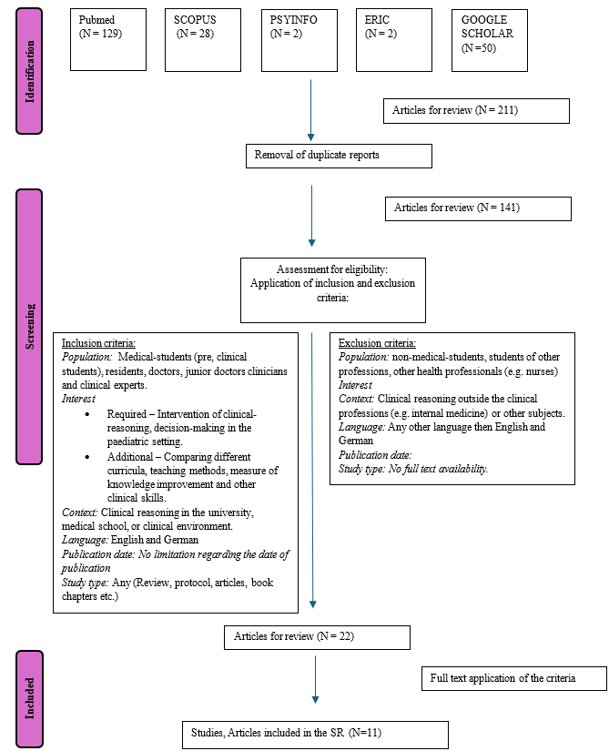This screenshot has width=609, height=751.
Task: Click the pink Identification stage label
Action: [29, 70]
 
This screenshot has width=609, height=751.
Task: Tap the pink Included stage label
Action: [29, 698]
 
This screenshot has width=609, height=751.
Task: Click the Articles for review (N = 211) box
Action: [476, 111]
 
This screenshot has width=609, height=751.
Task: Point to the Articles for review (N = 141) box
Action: [478, 208]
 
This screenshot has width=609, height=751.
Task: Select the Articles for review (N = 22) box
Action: [317, 637]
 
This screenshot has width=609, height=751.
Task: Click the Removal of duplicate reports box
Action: [339, 156]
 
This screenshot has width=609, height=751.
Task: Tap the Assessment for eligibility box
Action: [332, 289]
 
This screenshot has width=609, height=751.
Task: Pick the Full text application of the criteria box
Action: [513, 678]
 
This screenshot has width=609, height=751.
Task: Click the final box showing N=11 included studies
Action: [314, 734]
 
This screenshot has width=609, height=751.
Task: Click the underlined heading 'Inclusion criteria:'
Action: [98, 343]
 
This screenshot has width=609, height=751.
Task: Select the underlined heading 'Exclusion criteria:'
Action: [377, 343]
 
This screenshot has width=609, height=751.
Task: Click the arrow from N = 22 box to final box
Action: [315, 678]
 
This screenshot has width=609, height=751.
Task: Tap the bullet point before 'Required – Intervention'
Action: [86, 412]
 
